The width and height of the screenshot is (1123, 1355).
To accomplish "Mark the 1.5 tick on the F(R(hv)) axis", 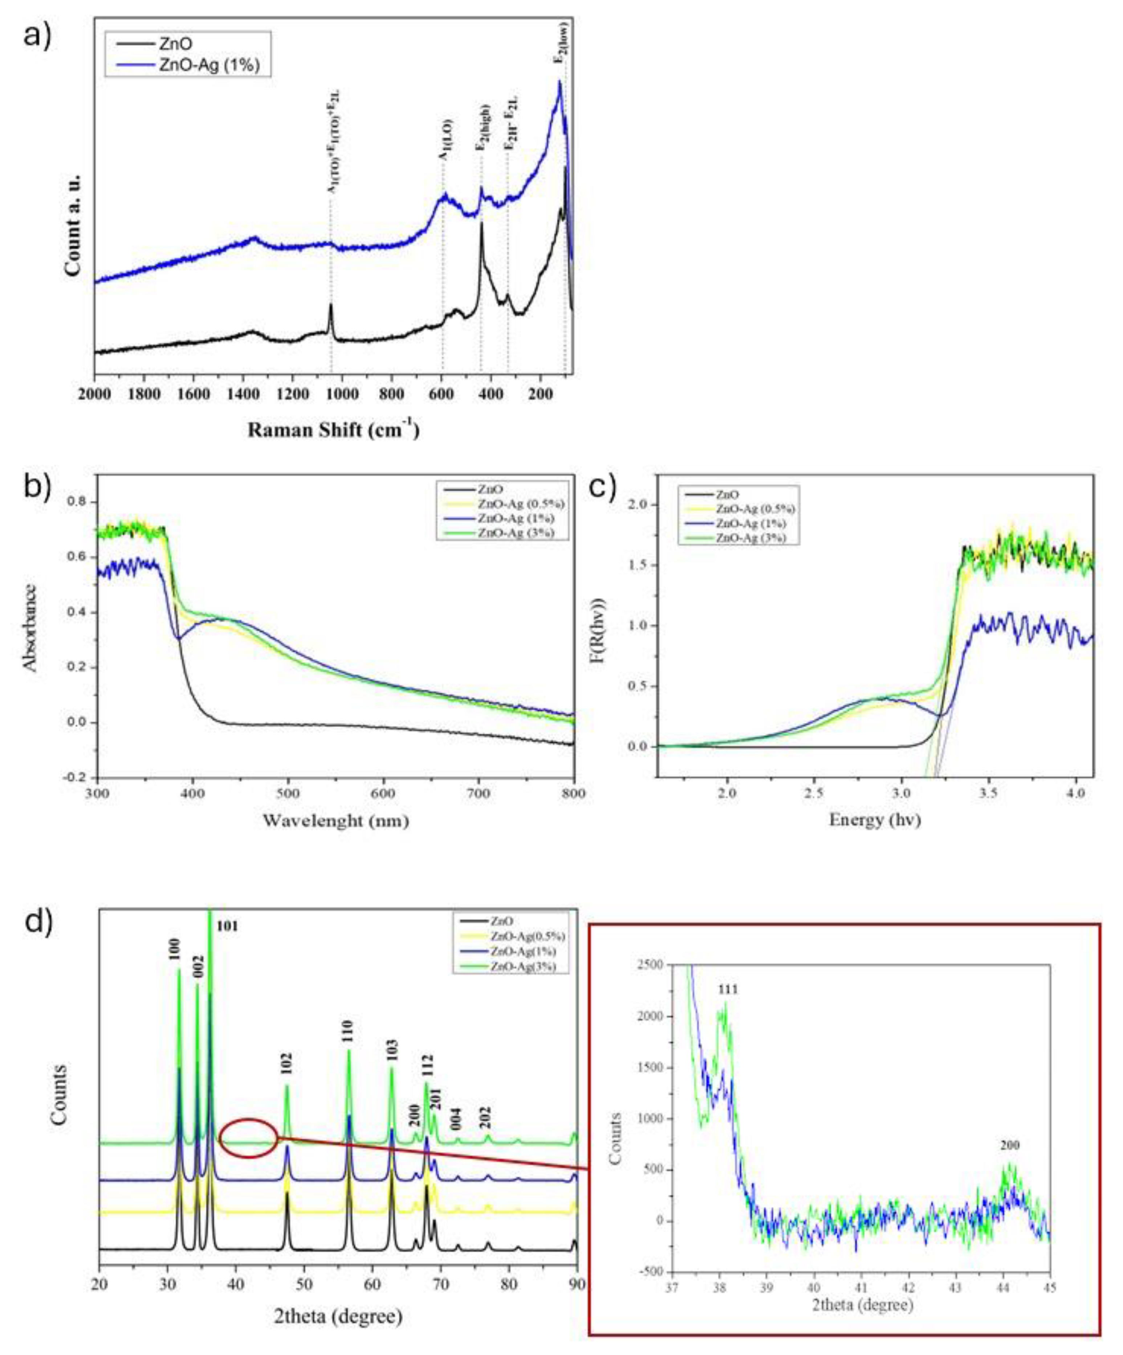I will [640, 565].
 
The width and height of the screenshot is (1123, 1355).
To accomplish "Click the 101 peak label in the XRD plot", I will [227, 926].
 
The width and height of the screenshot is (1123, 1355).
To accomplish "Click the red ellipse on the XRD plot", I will [248, 1138].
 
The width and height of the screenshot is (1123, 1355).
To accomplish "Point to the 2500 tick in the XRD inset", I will [648, 964].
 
